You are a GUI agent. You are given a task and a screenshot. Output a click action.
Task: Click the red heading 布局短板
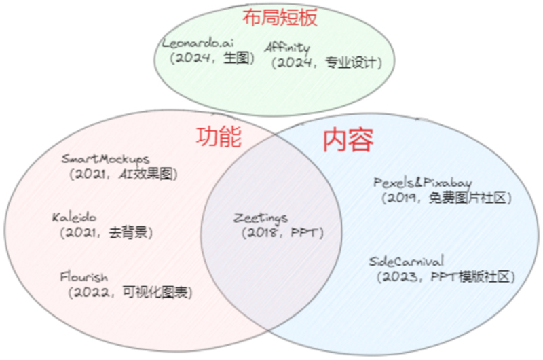(x=280, y=18)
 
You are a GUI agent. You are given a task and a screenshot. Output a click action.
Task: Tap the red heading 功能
(x=219, y=137)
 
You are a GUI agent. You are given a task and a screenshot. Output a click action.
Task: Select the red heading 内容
(x=348, y=140)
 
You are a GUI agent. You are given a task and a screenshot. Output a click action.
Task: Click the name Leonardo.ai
(x=198, y=43)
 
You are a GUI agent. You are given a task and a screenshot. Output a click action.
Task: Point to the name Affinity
(x=287, y=48)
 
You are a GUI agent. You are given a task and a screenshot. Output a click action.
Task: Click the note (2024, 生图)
(x=212, y=58)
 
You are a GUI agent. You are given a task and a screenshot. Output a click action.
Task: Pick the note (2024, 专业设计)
(x=326, y=62)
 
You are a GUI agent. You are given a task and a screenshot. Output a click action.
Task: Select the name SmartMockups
(x=106, y=159)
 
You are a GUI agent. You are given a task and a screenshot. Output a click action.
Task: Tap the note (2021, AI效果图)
(x=124, y=174)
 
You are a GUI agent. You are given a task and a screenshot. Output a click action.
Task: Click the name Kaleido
(x=74, y=217)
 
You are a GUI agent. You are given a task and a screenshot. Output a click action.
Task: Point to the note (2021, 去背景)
(x=106, y=232)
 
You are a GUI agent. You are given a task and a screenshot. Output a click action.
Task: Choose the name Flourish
(x=83, y=277)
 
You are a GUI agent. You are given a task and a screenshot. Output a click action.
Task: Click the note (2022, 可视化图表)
(x=130, y=293)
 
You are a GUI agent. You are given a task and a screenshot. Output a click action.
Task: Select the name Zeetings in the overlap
(x=261, y=218)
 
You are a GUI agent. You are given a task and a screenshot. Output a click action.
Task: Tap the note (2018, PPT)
(x=282, y=233)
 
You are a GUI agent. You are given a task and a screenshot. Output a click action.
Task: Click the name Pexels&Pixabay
(x=422, y=183)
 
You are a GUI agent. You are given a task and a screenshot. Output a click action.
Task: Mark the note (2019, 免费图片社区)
(x=447, y=198)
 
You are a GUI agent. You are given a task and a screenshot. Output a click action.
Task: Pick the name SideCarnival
(x=406, y=262)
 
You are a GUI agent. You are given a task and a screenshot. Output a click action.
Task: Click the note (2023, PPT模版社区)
(x=446, y=277)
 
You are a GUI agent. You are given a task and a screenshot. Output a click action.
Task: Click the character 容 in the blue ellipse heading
(x=361, y=140)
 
